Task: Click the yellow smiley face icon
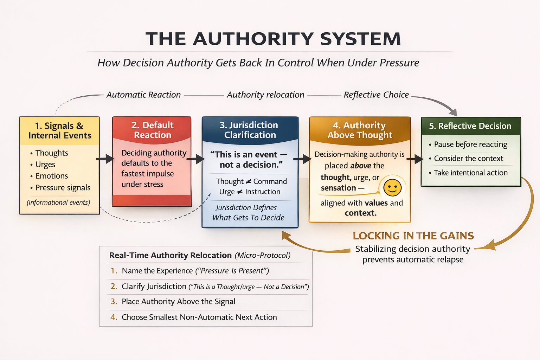392,187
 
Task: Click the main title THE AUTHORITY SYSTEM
273,39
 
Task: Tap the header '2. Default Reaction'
152,130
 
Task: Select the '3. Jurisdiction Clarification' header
250,130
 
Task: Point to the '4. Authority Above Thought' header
359,130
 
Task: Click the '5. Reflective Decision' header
470,126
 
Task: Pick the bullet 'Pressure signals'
63,188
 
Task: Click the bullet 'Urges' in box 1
45,165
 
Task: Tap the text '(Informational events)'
58,202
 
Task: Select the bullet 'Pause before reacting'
470,144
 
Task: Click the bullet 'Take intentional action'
470,173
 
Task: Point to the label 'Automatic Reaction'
143,95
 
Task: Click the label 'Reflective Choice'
376,95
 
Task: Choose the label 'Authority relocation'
265,95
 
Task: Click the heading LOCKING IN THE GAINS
413,236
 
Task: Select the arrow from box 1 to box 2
105,159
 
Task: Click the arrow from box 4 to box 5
415,159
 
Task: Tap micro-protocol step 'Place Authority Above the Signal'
178,302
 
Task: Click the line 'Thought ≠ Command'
251,181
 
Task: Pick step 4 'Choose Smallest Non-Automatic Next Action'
199,317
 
